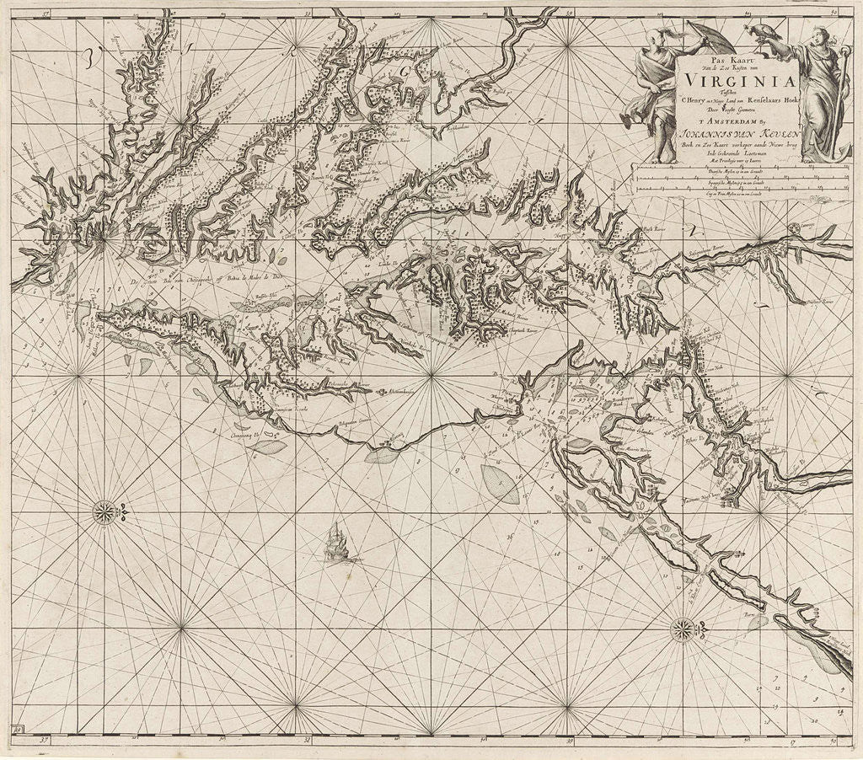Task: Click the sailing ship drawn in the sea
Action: [337, 542]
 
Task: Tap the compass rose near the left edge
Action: [104, 511]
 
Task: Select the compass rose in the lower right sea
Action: [682, 628]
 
